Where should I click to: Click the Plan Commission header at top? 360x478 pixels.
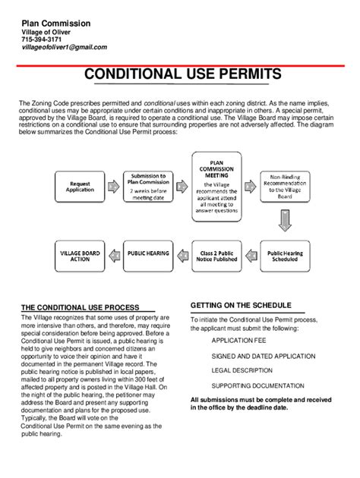[55, 24]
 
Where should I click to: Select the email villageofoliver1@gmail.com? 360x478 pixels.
[64, 47]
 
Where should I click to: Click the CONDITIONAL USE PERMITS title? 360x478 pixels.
[182, 74]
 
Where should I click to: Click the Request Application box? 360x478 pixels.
[80, 187]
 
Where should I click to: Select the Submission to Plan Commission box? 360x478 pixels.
[150, 186]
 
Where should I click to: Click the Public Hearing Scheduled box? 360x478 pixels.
[284, 256]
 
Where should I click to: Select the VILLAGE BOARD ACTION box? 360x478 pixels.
[80, 256]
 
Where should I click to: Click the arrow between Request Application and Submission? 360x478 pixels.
[113, 186]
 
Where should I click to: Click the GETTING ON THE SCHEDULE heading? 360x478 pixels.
[241, 305]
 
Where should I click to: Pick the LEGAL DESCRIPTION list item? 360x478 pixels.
[242, 370]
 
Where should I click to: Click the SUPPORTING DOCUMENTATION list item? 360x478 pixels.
[257, 385]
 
